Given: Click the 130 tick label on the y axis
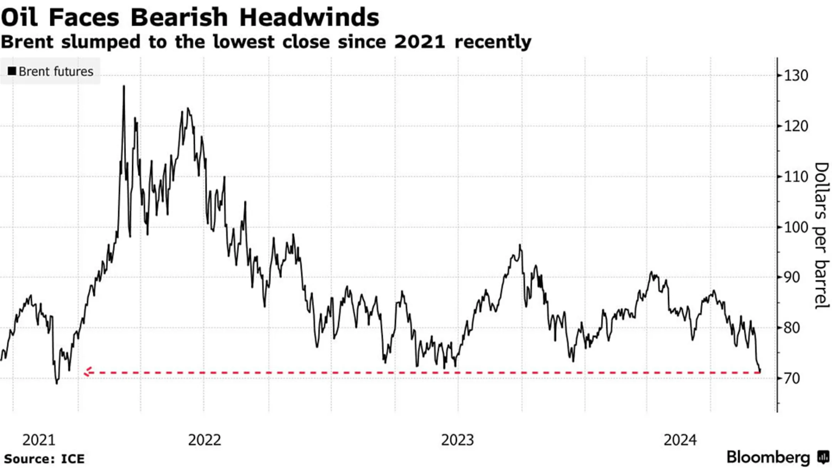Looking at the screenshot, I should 797,75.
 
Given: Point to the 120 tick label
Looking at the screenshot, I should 797,126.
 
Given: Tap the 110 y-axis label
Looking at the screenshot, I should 797,177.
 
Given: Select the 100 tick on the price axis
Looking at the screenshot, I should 797,227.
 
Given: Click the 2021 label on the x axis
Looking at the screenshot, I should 39,440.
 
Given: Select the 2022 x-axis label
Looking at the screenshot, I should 205,440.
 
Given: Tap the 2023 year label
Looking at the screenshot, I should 457,440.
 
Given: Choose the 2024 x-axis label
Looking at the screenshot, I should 680,440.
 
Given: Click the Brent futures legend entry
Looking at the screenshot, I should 50,72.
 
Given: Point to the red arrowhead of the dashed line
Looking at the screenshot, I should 87,372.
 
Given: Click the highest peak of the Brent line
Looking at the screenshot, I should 124,87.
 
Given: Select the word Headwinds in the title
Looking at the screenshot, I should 309,17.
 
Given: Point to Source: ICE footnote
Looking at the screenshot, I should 44,459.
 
